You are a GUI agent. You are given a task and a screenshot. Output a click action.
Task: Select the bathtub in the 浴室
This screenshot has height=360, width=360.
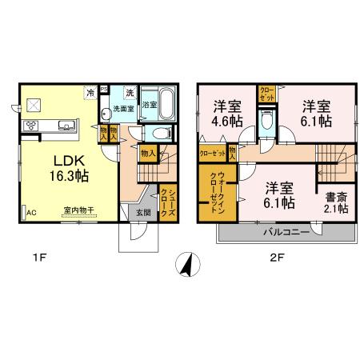pos(167,103)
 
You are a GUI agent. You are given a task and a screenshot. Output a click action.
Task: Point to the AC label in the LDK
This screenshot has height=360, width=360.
pos(32,214)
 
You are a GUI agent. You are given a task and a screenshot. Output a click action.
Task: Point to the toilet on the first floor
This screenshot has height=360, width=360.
pos(161,134)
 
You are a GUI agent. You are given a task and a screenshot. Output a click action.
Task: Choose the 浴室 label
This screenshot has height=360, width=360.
pos(148,104)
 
